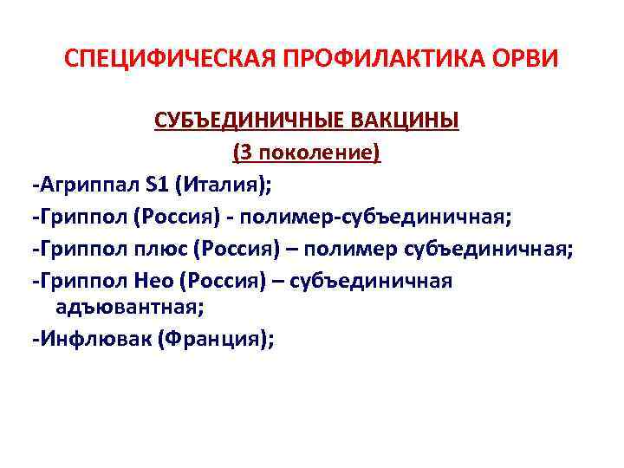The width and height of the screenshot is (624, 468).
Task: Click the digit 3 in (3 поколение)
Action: (245, 153)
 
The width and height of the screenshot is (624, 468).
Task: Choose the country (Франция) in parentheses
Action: (221, 339)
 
